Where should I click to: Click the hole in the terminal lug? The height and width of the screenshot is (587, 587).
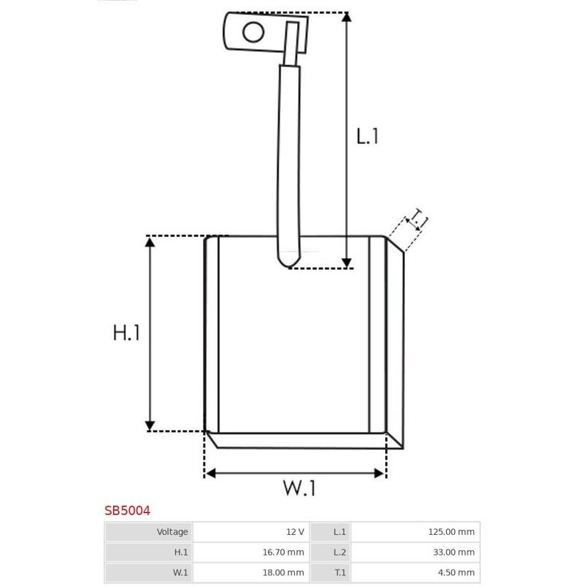tap(253, 32)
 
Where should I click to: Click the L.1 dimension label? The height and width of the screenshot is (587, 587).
tap(368, 136)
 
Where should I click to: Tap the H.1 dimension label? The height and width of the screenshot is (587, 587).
tap(126, 332)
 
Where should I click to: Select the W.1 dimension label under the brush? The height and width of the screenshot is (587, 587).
tap(299, 488)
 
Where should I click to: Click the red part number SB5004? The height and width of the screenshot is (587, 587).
tap(127, 511)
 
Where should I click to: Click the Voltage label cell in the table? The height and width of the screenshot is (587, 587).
tap(149, 532)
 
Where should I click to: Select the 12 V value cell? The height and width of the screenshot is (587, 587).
tap(251, 532)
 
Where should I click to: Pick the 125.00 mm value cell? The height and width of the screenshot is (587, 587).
tap(415, 532)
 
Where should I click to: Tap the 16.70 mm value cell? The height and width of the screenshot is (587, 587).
tap(251, 553)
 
